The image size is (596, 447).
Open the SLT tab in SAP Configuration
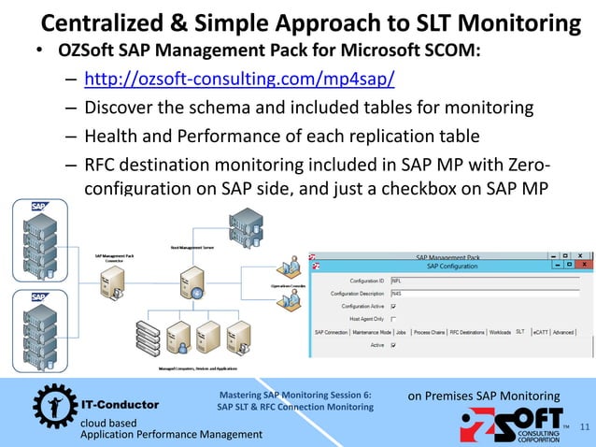click(x=520, y=332)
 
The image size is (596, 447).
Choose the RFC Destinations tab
click(x=467, y=332)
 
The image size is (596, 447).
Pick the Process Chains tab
click(x=429, y=332)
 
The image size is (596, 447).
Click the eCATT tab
click(x=540, y=332)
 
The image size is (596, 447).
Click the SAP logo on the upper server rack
click(x=39, y=205)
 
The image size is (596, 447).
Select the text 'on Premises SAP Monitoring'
click(x=484, y=397)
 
